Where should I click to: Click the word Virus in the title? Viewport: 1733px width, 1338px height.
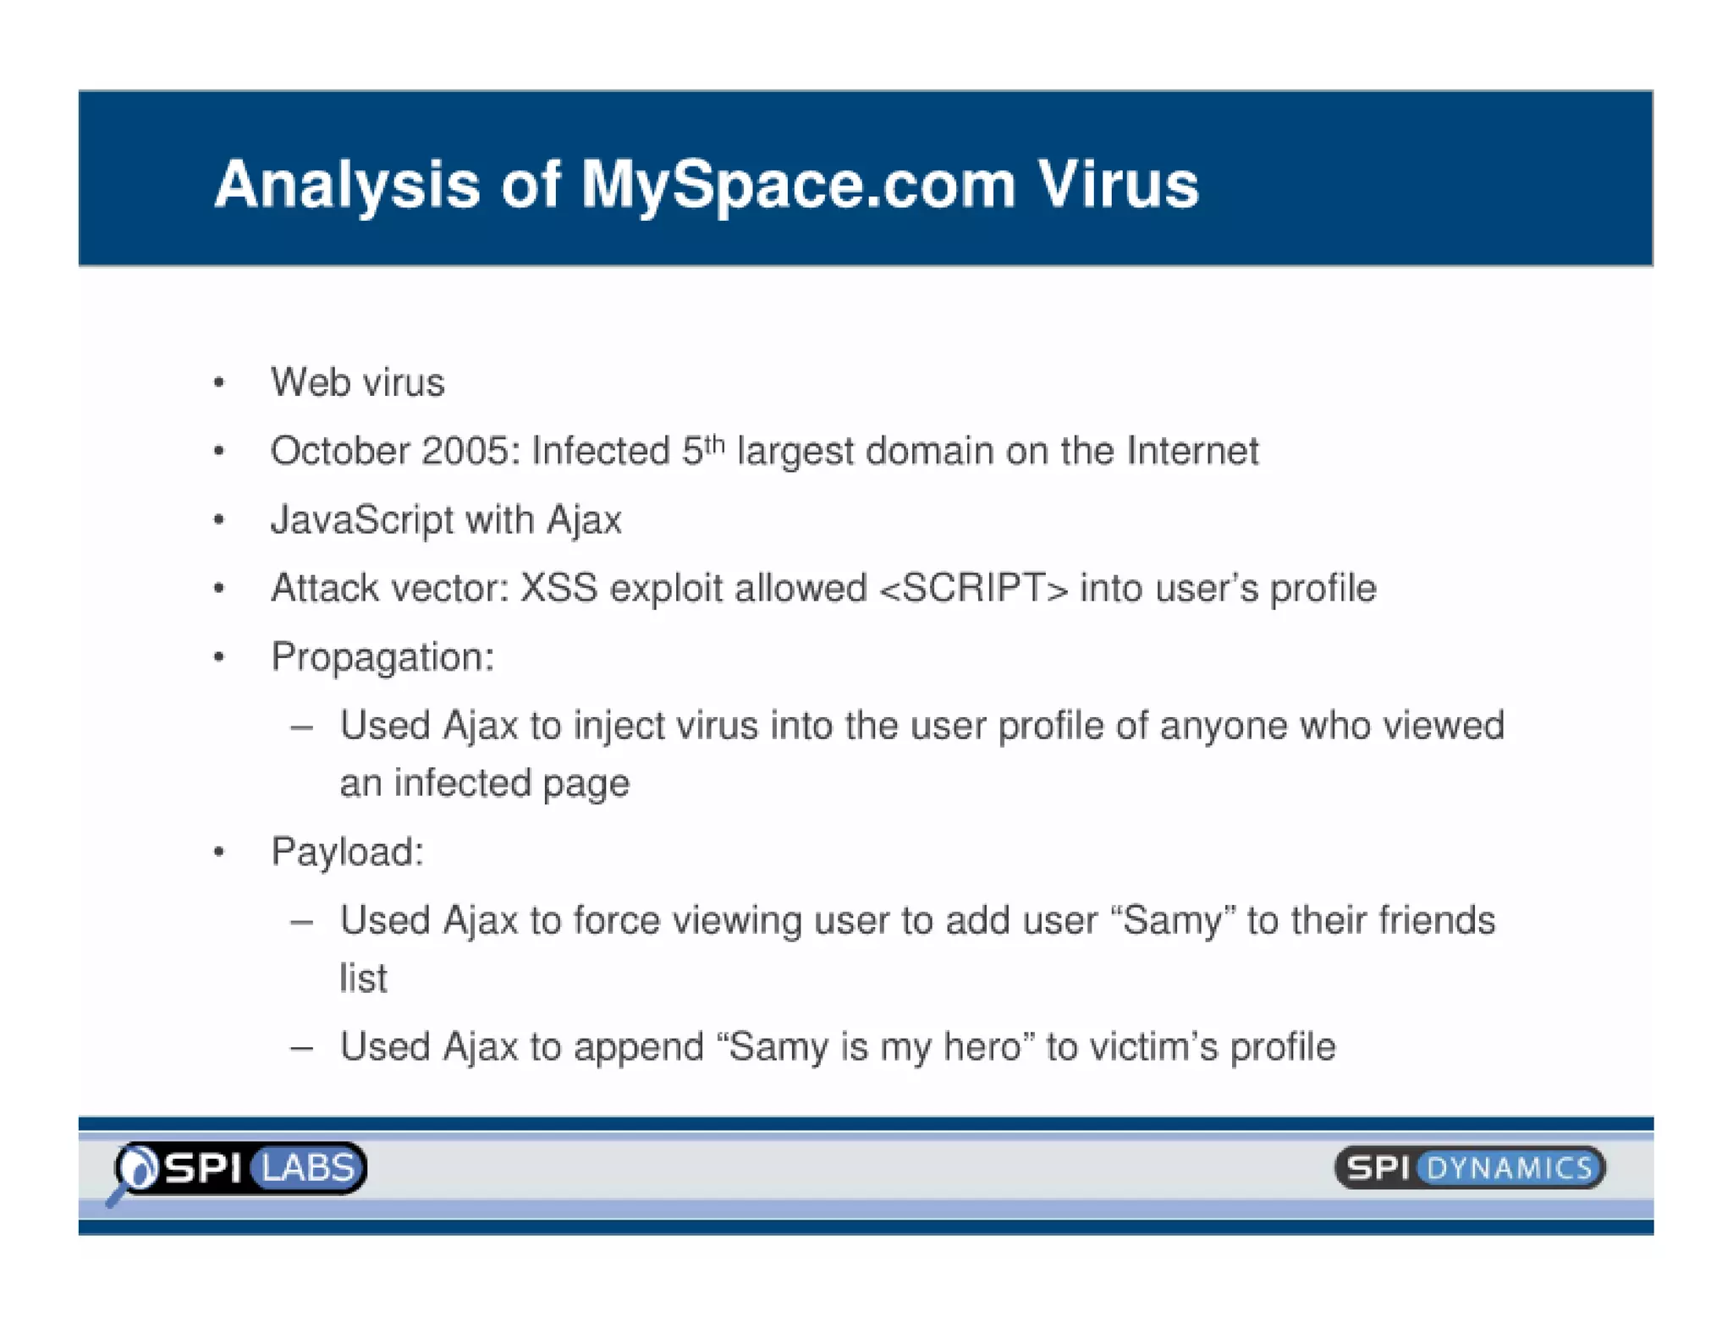pyautogui.click(x=1118, y=184)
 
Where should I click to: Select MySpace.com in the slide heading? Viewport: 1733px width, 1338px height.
pyautogui.click(x=798, y=186)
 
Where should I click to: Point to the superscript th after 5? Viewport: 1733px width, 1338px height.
pyautogui.click(x=715, y=442)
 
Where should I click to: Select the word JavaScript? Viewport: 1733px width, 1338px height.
pyautogui.click(x=362, y=519)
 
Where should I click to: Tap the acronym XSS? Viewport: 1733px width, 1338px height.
pyautogui.click(x=558, y=588)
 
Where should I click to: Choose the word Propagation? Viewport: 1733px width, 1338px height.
pyautogui.click(x=382, y=657)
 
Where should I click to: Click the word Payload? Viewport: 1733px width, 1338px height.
pyautogui.click(x=347, y=852)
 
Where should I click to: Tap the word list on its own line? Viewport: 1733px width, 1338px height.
pyautogui.click(x=363, y=979)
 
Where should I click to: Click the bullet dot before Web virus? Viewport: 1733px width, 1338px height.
pyautogui.click(x=219, y=383)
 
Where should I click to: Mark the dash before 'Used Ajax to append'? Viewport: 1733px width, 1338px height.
pyautogui.click(x=301, y=1048)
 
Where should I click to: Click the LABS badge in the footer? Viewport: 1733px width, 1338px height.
pyautogui.click(x=308, y=1168)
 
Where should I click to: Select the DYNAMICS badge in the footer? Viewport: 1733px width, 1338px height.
pyautogui.click(x=1510, y=1169)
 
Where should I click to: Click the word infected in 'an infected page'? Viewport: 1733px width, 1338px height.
pyautogui.click(x=461, y=783)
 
